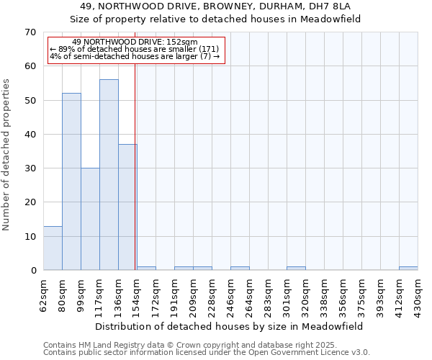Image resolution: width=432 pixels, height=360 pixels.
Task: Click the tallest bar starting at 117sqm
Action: click(x=109, y=175)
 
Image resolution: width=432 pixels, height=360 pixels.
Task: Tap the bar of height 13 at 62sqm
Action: click(x=53, y=248)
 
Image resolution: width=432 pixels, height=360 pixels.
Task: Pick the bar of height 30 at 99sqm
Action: click(x=90, y=219)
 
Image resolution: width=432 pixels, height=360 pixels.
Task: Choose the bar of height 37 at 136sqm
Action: click(x=127, y=207)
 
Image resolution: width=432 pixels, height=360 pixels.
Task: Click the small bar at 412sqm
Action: click(x=408, y=269)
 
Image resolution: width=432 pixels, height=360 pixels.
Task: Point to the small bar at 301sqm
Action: click(x=296, y=269)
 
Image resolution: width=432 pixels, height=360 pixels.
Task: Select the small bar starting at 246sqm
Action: click(x=240, y=269)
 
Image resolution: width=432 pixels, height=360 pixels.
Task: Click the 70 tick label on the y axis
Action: click(x=30, y=32)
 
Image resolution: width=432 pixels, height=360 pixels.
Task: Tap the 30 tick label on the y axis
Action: click(x=30, y=168)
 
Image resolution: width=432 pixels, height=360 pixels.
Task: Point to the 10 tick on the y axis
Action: click(x=30, y=237)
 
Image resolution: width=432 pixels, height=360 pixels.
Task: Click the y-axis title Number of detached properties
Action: click(x=6, y=155)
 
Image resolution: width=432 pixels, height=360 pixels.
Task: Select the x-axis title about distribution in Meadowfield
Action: click(x=230, y=326)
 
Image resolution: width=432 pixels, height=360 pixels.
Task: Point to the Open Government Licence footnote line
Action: click(x=207, y=352)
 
